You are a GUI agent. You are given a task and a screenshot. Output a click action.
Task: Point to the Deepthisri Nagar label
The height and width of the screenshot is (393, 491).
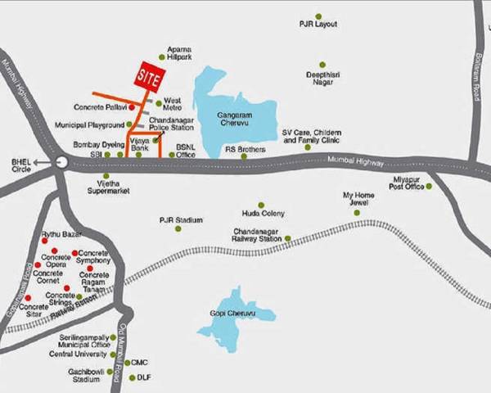pos(322,80)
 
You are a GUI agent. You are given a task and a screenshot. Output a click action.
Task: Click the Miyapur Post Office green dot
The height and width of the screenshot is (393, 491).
pos(428,186)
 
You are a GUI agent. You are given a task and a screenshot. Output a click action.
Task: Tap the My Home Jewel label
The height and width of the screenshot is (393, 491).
pos(358,200)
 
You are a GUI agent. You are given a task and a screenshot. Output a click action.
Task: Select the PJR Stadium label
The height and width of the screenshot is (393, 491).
pos(181,220)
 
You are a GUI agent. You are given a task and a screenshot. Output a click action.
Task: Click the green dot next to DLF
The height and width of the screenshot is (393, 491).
pos(130,377)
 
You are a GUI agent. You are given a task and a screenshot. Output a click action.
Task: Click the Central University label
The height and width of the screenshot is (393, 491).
pos(79,355)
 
